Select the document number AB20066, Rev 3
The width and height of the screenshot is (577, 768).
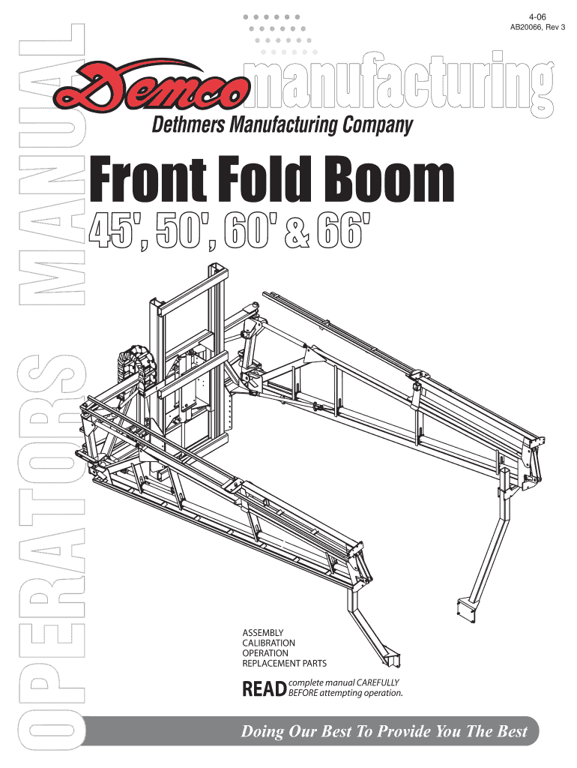tap(538, 28)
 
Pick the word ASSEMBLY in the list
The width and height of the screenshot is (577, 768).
tap(262, 632)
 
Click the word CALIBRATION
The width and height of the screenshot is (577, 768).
tap(268, 643)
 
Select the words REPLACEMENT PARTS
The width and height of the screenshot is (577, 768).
tap(284, 664)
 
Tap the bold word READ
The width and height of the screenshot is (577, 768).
tap(264, 688)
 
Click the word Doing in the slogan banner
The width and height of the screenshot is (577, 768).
tap(259, 732)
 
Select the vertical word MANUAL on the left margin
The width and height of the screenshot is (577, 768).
tap(49, 165)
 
